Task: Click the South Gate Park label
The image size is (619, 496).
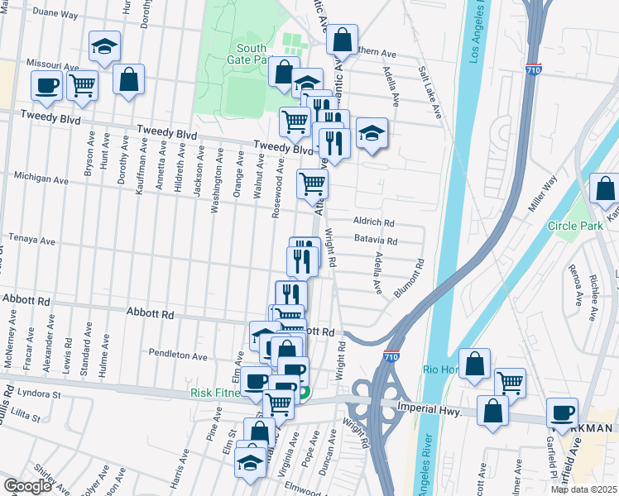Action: (252, 55)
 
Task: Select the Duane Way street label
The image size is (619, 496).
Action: (56, 15)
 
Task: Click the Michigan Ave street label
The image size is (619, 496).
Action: (41, 179)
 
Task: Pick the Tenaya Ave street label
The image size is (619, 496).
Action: (31, 241)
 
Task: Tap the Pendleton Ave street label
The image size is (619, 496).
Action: (178, 355)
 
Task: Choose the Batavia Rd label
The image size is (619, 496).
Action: (375, 241)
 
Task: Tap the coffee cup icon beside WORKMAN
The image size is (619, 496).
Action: (563, 412)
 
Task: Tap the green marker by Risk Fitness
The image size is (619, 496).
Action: (305, 393)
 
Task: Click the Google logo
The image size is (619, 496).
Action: (27, 486)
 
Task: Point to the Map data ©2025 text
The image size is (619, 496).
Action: (583, 489)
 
